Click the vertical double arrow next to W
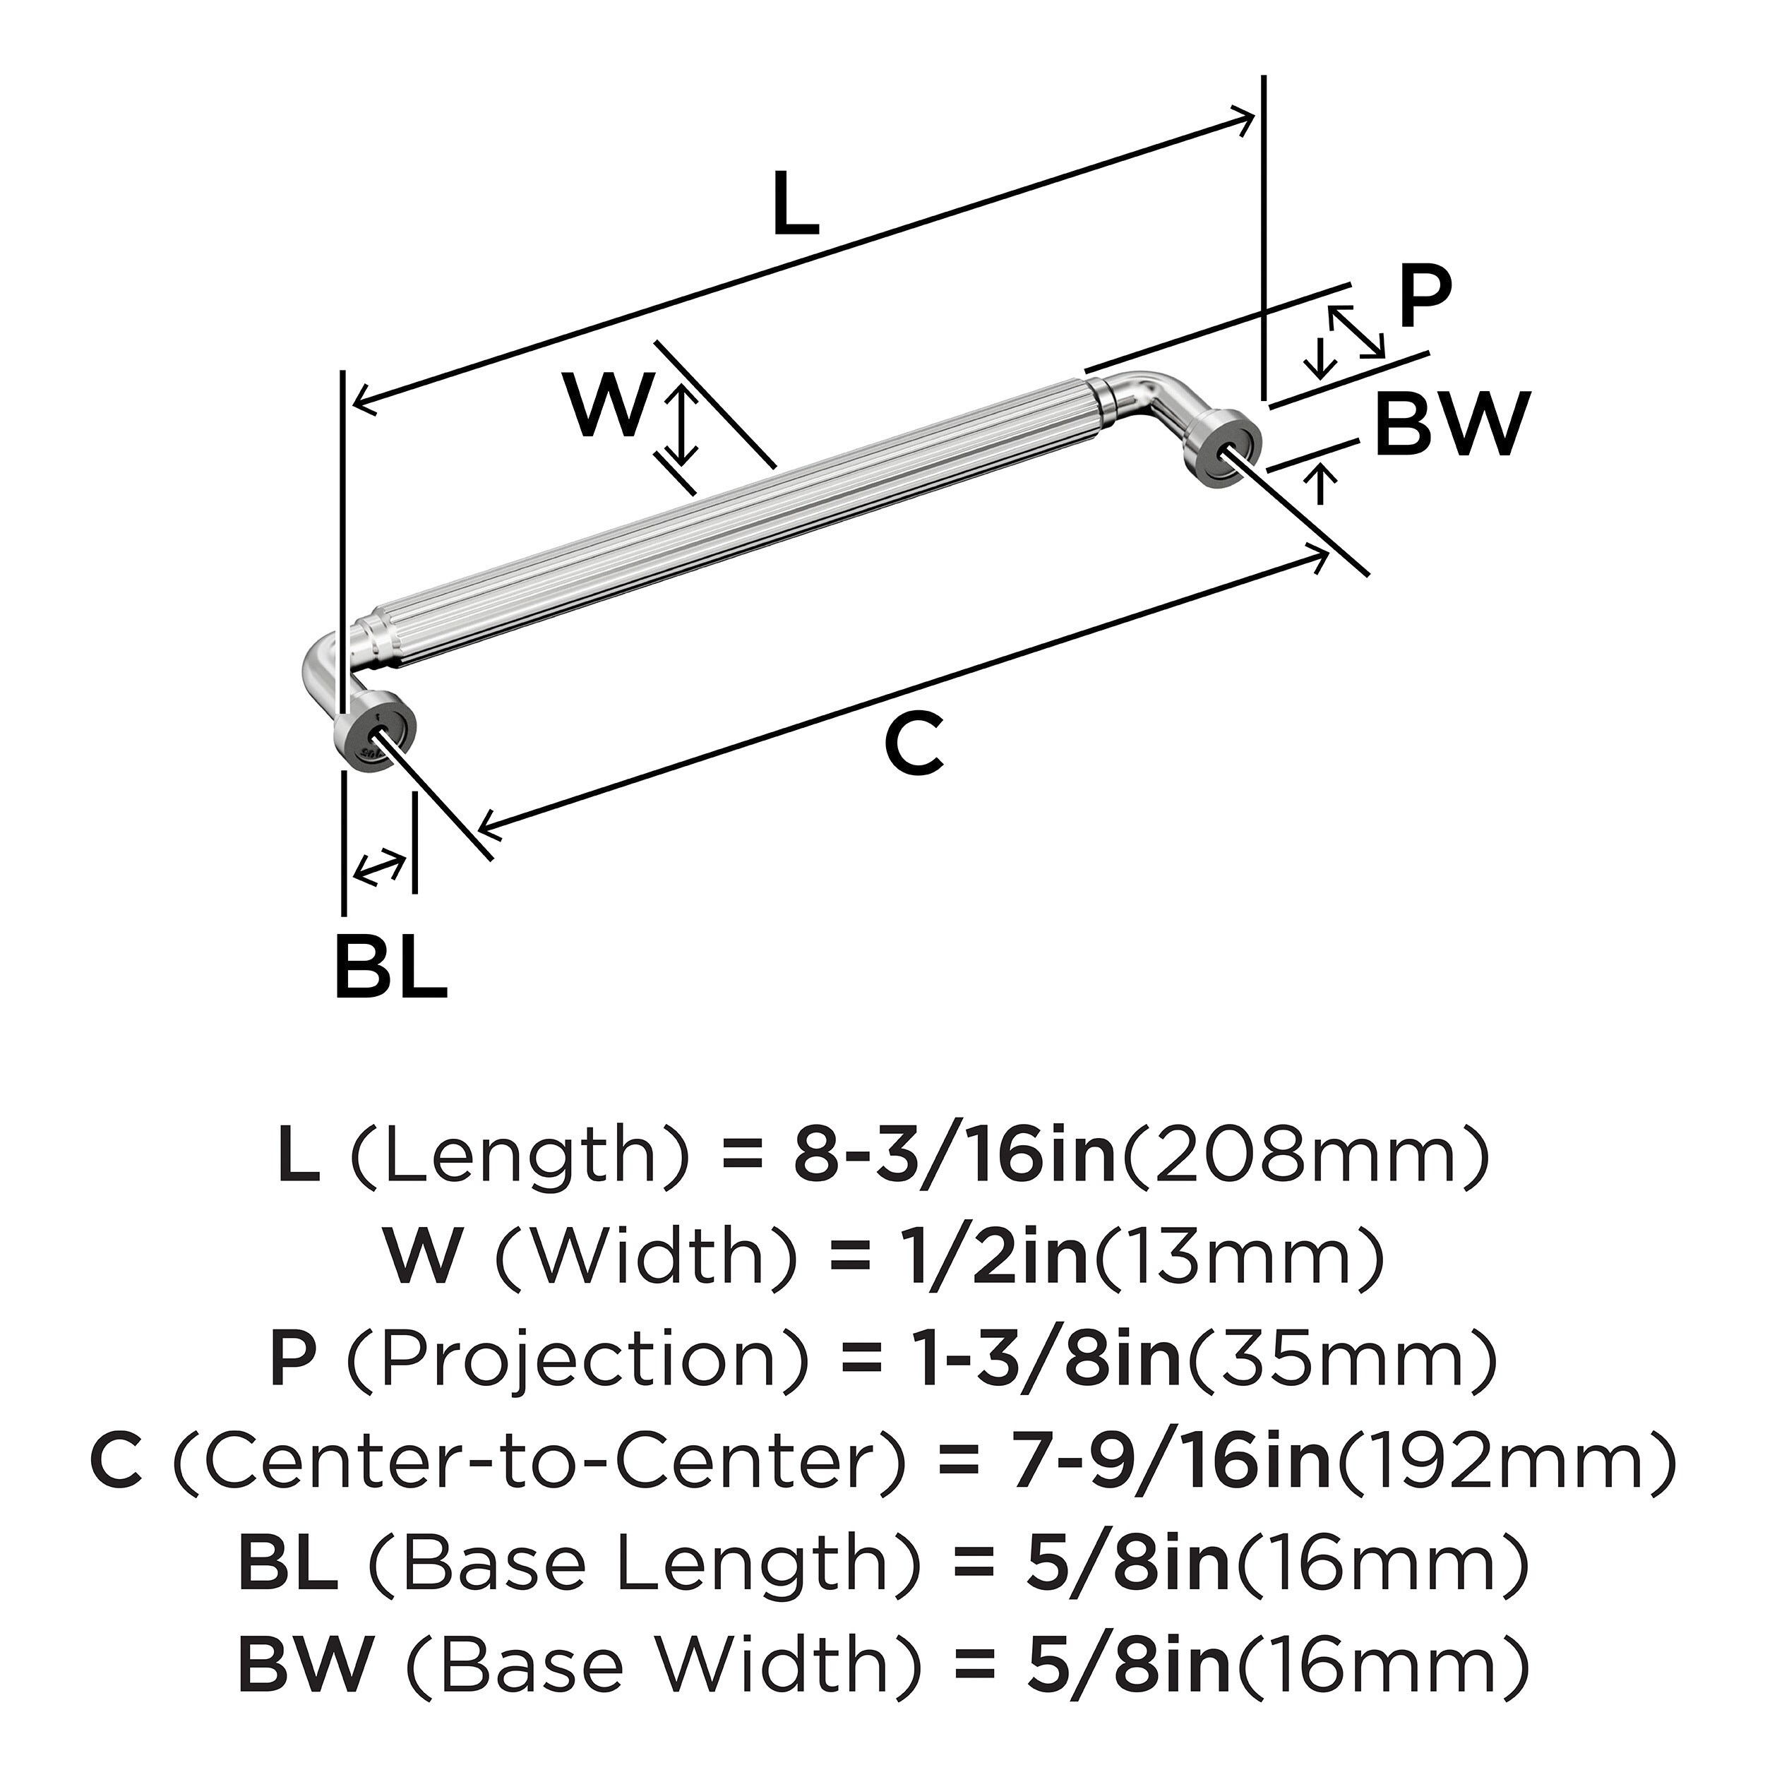(680, 425)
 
